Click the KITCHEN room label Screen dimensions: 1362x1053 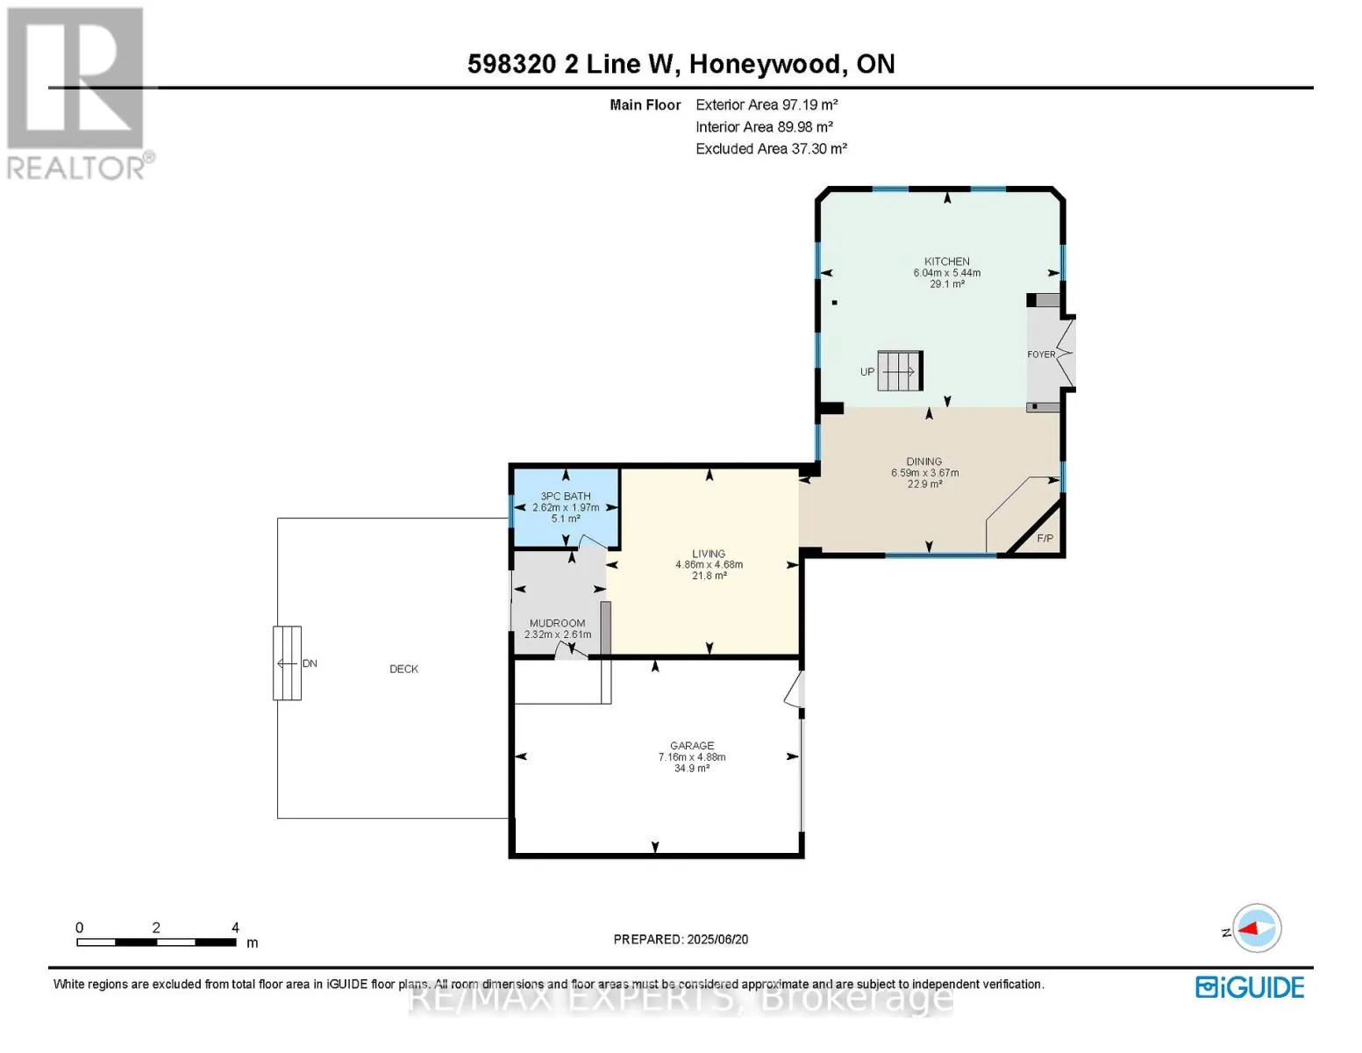pos(946,261)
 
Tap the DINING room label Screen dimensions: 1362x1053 pos(923,461)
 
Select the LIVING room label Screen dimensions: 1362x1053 pos(709,553)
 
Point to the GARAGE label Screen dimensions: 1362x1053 pos(692,745)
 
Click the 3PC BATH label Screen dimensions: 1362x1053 pos(566,496)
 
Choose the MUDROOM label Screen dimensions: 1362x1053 pos(557,623)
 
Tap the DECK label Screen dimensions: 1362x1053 pos(403,669)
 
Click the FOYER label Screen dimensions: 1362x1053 pos(1041,355)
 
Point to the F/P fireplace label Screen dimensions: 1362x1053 pos(1045,538)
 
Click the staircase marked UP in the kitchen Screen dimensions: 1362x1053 pos(900,370)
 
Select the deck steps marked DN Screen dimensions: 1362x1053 pos(287,663)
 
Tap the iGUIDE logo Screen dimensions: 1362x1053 pos(1250,987)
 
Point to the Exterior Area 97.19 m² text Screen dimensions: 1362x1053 pos(767,104)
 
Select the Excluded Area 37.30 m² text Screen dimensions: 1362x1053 pos(771,148)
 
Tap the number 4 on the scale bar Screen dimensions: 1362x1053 pos(235,928)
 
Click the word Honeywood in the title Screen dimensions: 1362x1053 pos(765,64)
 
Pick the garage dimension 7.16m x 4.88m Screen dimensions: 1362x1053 pos(692,757)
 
